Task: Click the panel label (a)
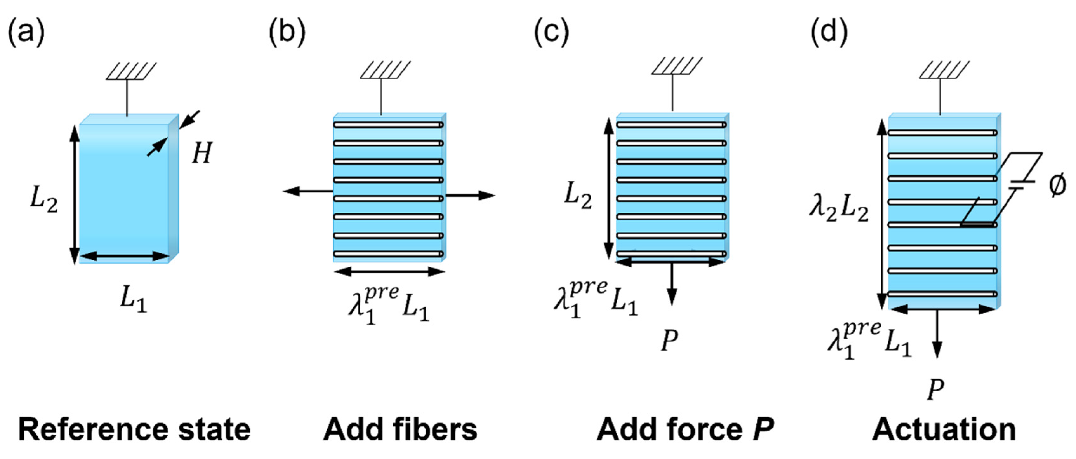[x=26, y=33]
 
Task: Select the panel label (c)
[x=551, y=33]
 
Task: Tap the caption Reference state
[x=135, y=430]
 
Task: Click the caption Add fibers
[x=400, y=430]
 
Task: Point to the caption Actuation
[x=944, y=430]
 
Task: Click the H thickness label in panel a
[x=202, y=153]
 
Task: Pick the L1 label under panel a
[x=133, y=299]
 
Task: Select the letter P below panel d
[x=936, y=390]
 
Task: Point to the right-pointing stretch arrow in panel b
[x=470, y=195]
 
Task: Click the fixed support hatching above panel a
[x=131, y=71]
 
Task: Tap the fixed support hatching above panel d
[x=944, y=70]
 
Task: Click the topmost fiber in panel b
[x=388, y=125]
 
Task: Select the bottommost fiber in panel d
[x=942, y=294]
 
